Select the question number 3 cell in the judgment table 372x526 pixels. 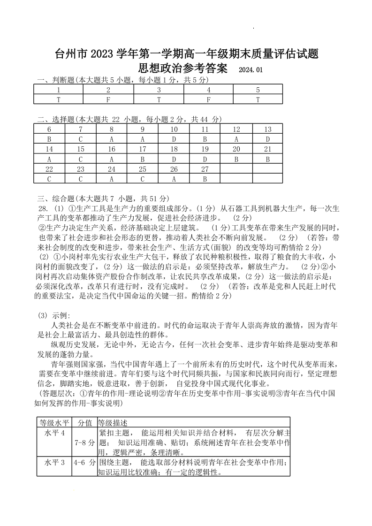[x=159, y=90]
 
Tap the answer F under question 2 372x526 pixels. [x=108, y=99]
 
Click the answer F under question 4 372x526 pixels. [x=208, y=99]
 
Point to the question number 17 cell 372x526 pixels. [x=143, y=149]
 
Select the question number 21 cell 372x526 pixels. [x=267, y=149]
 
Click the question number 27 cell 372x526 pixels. [x=205, y=168]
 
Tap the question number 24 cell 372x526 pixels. [x=112, y=168]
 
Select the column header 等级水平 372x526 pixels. [x=54, y=422]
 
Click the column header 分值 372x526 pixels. [x=85, y=422]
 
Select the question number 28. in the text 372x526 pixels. [x=44, y=208]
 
